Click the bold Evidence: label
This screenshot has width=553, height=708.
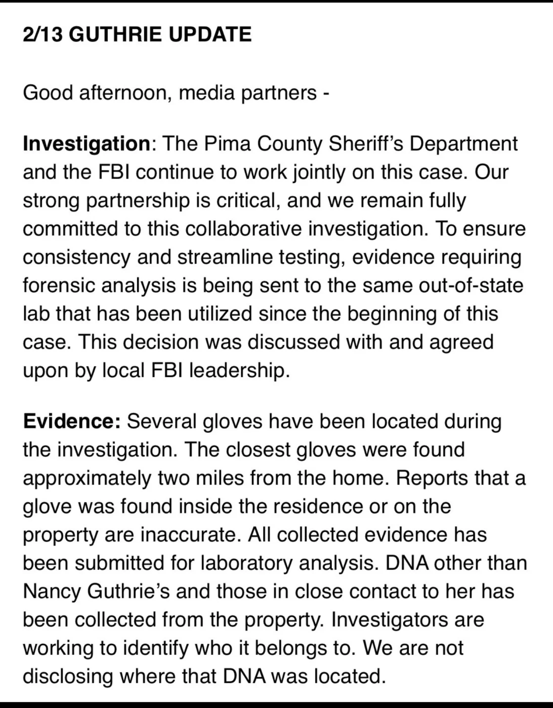pos(71,421)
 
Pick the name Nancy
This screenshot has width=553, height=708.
pos(51,591)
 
